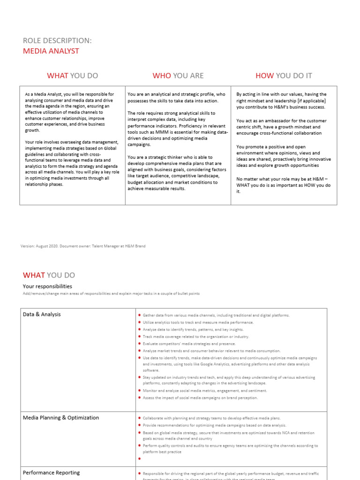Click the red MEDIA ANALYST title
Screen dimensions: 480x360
51,51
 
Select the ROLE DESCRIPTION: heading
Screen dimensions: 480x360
57,41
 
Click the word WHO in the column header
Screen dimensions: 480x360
162,75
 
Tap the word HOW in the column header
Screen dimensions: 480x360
264,75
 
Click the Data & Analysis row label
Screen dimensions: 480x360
42,315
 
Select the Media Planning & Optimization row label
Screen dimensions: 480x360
61,418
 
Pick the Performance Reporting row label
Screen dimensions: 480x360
51,472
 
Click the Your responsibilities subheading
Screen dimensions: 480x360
47,286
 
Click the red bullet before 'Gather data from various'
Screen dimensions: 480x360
139,315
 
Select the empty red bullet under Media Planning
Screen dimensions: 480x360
139,459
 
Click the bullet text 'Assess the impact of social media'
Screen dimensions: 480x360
200,397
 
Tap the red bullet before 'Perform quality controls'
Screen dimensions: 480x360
139,446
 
